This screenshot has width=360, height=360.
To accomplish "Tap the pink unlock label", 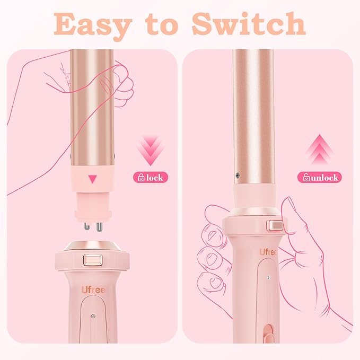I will point(319,178).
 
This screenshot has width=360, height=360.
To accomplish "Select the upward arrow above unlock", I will point(318,151).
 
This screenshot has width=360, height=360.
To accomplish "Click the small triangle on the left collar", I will point(93,179).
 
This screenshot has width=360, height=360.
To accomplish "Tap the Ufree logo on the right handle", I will point(268,251).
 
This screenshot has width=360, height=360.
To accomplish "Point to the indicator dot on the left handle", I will point(93,316).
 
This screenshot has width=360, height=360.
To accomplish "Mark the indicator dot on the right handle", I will point(269,277).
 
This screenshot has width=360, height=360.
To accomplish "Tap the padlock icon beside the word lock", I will point(141,178).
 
